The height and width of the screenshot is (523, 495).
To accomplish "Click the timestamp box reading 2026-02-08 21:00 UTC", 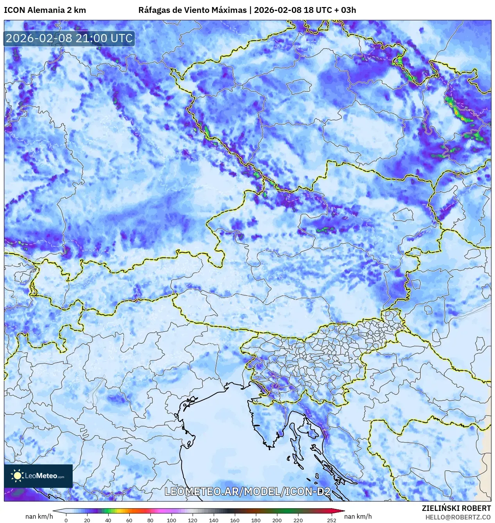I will [69, 38].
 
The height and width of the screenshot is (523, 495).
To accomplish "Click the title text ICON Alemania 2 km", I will [45, 10].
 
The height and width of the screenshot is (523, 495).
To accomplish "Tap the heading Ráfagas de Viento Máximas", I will [192, 10].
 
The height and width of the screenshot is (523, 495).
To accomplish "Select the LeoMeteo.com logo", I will [38, 476].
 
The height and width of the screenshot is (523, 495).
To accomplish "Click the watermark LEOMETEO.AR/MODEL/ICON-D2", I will [247, 492].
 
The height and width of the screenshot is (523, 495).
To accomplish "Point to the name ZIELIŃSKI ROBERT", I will [456, 508].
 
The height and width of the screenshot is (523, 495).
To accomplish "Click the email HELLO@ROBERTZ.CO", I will [458, 517].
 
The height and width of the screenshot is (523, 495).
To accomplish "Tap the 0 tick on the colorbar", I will [66, 520].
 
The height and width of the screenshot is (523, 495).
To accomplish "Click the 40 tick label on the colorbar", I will [108, 520].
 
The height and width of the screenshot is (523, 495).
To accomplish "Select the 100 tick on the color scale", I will [171, 520].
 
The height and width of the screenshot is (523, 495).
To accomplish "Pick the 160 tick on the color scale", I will [234, 520].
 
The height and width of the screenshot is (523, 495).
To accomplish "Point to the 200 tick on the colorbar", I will [277, 520].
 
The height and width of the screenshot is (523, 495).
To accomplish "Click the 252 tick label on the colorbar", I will [331, 520].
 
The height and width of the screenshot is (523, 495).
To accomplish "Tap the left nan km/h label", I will [39, 516].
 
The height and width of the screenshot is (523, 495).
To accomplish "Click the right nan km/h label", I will [358, 516].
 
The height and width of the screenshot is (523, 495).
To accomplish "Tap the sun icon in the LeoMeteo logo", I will [17, 476].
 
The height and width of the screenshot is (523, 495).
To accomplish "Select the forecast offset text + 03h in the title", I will [344, 10].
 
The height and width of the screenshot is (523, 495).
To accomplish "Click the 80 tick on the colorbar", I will [150, 520].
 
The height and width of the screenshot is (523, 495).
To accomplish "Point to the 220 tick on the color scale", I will [298, 520].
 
